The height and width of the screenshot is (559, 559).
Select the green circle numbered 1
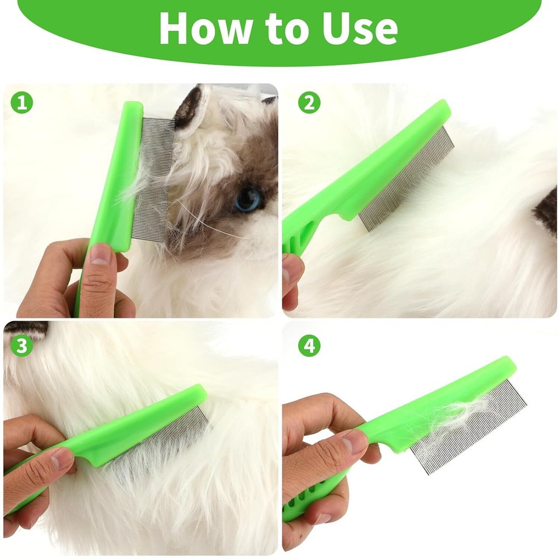click(x=22, y=103)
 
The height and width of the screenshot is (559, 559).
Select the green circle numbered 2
click(x=309, y=103)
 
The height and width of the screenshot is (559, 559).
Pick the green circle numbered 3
click(x=22, y=345)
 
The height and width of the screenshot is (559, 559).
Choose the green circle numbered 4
click(x=309, y=346)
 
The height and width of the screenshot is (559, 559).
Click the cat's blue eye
click(x=248, y=200)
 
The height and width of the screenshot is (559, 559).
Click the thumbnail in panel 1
click(x=101, y=255)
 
